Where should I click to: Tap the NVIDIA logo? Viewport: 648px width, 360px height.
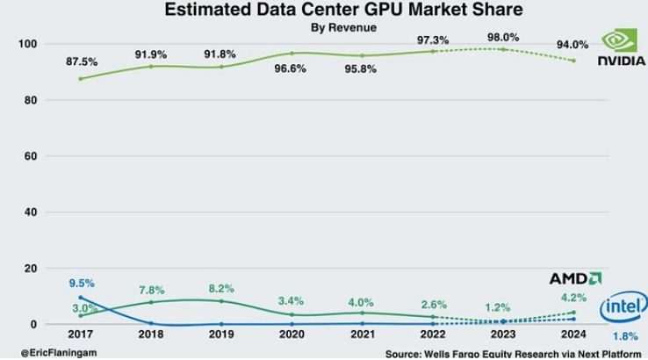(622, 47)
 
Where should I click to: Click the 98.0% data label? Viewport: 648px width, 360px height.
(502, 38)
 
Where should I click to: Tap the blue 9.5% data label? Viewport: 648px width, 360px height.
(82, 283)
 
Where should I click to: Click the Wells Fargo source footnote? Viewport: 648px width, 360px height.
(514, 353)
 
